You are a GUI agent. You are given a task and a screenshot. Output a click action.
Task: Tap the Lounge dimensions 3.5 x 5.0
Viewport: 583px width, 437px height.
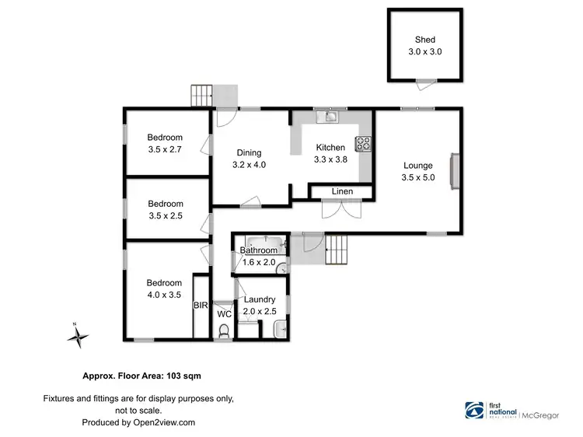click(418, 178)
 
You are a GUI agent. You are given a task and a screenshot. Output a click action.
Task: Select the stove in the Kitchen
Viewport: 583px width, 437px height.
click(364, 143)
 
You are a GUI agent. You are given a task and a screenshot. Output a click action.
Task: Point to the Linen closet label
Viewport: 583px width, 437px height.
click(342, 191)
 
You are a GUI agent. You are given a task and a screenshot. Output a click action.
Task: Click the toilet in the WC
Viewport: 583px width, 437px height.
click(225, 331)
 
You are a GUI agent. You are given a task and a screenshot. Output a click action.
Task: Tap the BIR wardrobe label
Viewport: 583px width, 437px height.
click(200, 306)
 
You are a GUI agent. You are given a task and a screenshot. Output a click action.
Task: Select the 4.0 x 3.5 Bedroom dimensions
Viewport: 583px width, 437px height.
click(165, 295)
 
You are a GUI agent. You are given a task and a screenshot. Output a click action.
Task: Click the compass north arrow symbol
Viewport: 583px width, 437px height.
click(78, 337)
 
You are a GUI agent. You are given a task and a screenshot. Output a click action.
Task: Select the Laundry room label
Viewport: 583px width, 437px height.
click(259, 299)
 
